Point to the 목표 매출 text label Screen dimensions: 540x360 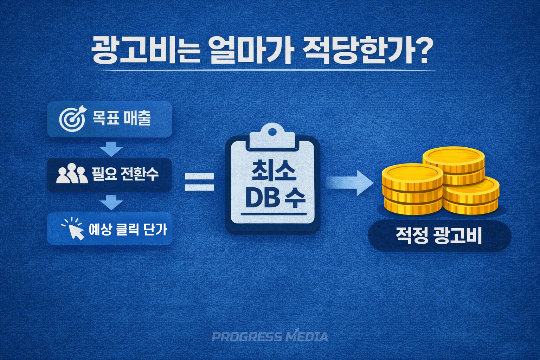122,118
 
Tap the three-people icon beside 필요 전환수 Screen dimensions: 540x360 72,174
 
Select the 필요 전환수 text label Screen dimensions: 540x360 125,174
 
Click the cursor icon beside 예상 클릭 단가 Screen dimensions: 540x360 73,229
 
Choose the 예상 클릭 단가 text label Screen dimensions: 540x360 128,229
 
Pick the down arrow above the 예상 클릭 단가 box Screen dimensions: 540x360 111,203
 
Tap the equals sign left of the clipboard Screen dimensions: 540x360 199,182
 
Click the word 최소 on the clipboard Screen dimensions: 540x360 274,171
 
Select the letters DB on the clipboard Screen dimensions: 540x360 261,198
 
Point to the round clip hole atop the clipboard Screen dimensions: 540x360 272,131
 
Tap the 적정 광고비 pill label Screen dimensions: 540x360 439,236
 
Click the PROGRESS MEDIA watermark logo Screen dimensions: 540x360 270,336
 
